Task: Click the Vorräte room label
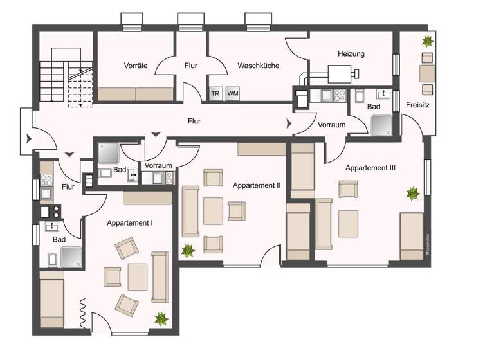click(135, 66)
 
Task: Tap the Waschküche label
click(258, 66)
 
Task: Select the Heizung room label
click(351, 54)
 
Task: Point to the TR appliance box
click(214, 93)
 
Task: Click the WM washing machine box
click(232, 93)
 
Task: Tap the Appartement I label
click(129, 223)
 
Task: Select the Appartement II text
click(257, 185)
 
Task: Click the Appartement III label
click(370, 168)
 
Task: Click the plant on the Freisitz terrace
click(426, 42)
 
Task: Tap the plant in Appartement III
click(412, 192)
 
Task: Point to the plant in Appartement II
click(188, 249)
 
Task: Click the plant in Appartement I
click(160, 318)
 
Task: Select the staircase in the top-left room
click(64, 77)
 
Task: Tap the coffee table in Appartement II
click(213, 211)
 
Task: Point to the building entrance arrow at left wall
click(26, 139)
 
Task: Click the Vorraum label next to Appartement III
click(332, 125)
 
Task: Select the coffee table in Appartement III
click(349, 223)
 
